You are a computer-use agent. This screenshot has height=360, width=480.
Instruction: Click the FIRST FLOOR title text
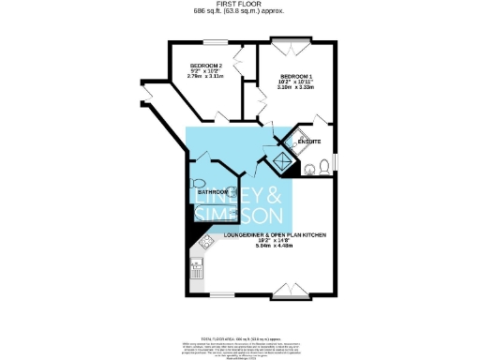point(239,4)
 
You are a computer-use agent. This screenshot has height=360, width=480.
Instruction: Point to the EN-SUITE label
point(309,142)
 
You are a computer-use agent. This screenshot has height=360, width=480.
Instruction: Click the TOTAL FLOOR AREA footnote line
point(239,336)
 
